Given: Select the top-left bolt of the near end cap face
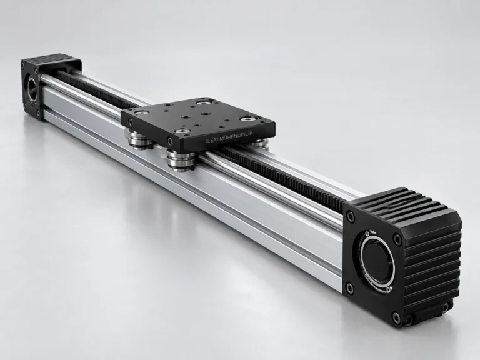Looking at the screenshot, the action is pos(349,216).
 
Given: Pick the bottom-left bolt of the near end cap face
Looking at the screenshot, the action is pos(350,287).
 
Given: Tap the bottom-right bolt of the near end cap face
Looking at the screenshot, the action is pos(397,316).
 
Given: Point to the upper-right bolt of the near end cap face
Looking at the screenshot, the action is pos(397,239).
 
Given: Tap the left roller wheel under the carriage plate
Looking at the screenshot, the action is pos(139,139).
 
